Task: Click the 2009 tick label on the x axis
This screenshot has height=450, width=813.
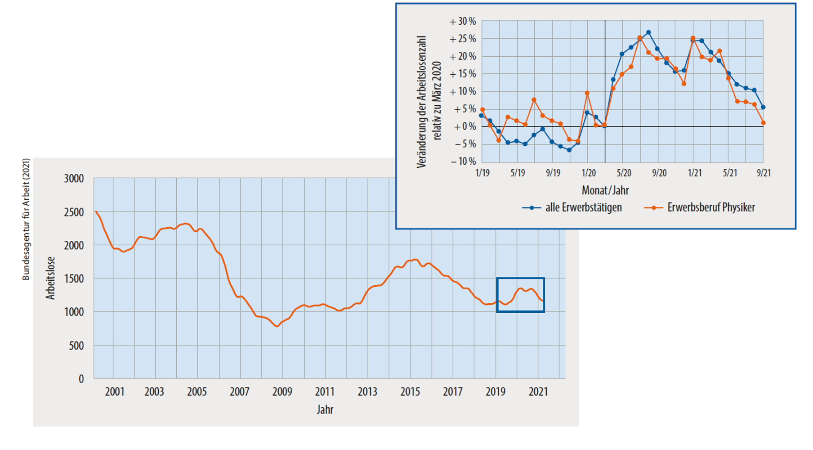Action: click(x=282, y=392)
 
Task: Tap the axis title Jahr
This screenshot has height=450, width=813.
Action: click(x=325, y=409)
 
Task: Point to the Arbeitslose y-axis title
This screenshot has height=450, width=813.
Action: click(x=50, y=278)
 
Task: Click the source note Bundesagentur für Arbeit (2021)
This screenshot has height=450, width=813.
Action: click(x=26, y=219)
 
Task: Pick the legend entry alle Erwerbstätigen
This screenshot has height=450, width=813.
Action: click(x=583, y=208)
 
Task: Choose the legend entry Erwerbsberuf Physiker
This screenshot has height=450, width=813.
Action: click(x=710, y=208)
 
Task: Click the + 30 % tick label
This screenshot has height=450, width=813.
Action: click(x=463, y=22)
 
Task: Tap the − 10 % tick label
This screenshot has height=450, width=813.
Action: click(x=463, y=161)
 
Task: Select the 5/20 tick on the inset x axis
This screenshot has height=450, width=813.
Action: click(x=624, y=173)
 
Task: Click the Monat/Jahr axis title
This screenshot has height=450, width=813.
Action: click(x=605, y=190)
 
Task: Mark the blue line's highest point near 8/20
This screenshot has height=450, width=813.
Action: click(x=648, y=32)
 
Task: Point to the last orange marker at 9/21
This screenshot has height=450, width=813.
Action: click(x=764, y=123)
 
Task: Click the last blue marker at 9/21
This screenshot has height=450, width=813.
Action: click(x=763, y=108)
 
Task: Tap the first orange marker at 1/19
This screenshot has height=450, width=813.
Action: click(x=482, y=110)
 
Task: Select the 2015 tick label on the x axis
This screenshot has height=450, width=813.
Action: click(x=410, y=392)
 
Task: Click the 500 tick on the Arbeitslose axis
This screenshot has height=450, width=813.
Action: click(x=76, y=346)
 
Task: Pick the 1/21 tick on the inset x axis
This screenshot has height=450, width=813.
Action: click(x=695, y=173)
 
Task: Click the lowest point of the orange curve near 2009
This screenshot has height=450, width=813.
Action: click(x=277, y=326)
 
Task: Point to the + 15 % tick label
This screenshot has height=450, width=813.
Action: click(x=463, y=74)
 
